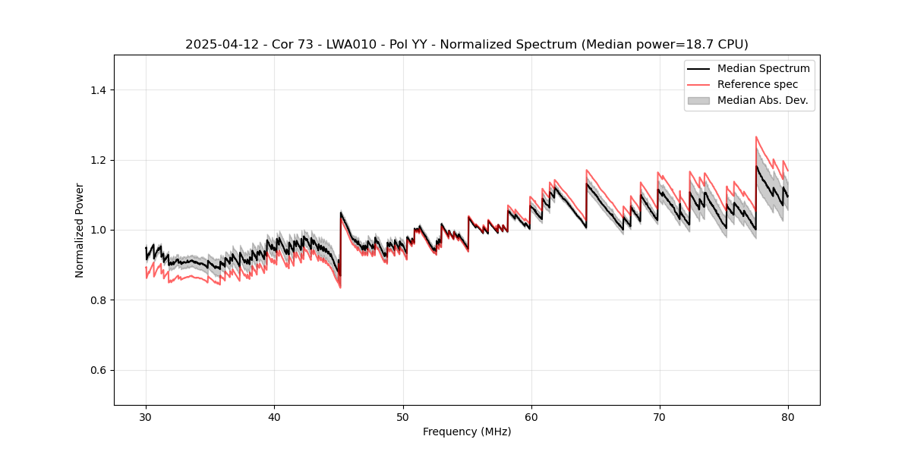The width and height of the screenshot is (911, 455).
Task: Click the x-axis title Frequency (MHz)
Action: tap(467, 431)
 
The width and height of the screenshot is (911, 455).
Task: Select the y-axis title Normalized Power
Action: tap(80, 230)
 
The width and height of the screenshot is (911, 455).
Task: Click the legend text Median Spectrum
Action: tap(763, 68)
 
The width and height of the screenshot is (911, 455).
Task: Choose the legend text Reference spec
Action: tap(758, 84)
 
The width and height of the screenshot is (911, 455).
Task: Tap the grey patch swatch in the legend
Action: tap(698, 100)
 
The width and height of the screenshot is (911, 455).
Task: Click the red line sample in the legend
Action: tap(698, 84)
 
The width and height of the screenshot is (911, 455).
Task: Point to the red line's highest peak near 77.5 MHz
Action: tap(756, 137)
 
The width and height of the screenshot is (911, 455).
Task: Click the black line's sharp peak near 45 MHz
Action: tap(341, 213)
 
